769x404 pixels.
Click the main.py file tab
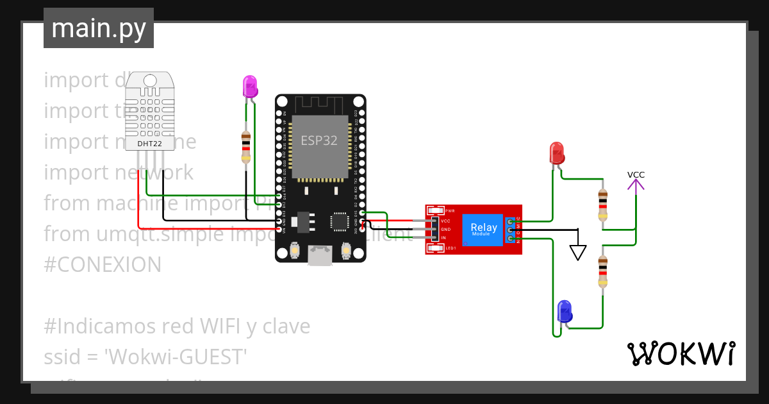[99, 28]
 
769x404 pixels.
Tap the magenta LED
[249, 86]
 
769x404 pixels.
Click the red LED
[557, 153]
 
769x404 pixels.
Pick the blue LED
[564, 311]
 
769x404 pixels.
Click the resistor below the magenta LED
[245, 147]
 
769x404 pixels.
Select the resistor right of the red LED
[602, 205]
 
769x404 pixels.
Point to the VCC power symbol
[636, 182]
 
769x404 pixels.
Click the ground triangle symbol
[578, 252]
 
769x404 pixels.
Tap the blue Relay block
[484, 229]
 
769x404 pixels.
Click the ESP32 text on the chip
[319, 140]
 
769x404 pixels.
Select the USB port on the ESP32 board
[320, 255]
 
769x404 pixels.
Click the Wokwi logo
[681, 353]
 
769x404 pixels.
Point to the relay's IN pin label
[443, 238]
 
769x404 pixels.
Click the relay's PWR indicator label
[450, 211]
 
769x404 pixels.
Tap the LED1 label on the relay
[451, 248]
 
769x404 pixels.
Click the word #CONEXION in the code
[103, 265]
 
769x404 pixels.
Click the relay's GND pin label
[445, 229]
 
